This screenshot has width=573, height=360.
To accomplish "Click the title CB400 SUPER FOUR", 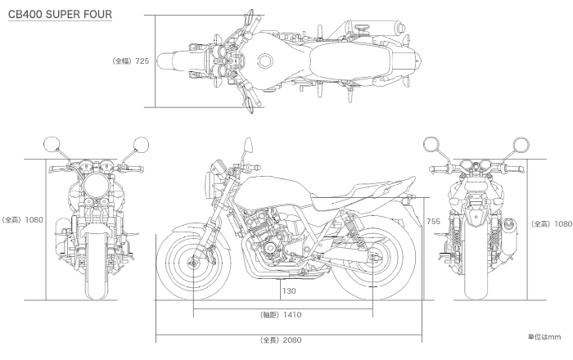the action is (x=60, y=14).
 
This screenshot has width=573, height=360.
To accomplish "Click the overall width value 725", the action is (x=142, y=61).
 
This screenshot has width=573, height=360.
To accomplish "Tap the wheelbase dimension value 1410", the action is (x=292, y=315).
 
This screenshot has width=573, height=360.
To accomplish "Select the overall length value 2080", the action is (x=292, y=340).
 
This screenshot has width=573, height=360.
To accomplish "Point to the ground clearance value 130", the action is (x=289, y=291).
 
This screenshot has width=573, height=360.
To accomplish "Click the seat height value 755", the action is (x=433, y=221).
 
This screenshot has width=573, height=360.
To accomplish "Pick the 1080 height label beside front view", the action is (x=34, y=220).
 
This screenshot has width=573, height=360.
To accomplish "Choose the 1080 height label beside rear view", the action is (x=563, y=224).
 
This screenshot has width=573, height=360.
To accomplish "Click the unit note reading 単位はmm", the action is (x=544, y=337).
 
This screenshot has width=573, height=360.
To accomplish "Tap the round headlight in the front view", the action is (x=97, y=185).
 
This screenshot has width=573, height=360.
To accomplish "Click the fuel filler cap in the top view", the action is (x=265, y=61).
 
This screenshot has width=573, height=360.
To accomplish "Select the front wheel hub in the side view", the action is (x=193, y=262).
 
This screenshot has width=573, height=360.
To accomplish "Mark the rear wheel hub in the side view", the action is (x=372, y=259).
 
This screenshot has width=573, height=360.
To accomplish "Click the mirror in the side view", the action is (x=249, y=145).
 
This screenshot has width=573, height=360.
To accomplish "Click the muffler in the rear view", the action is (x=509, y=236).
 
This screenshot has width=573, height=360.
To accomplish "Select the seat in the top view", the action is (x=350, y=61).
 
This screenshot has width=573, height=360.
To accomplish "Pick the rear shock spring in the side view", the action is (x=351, y=228).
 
